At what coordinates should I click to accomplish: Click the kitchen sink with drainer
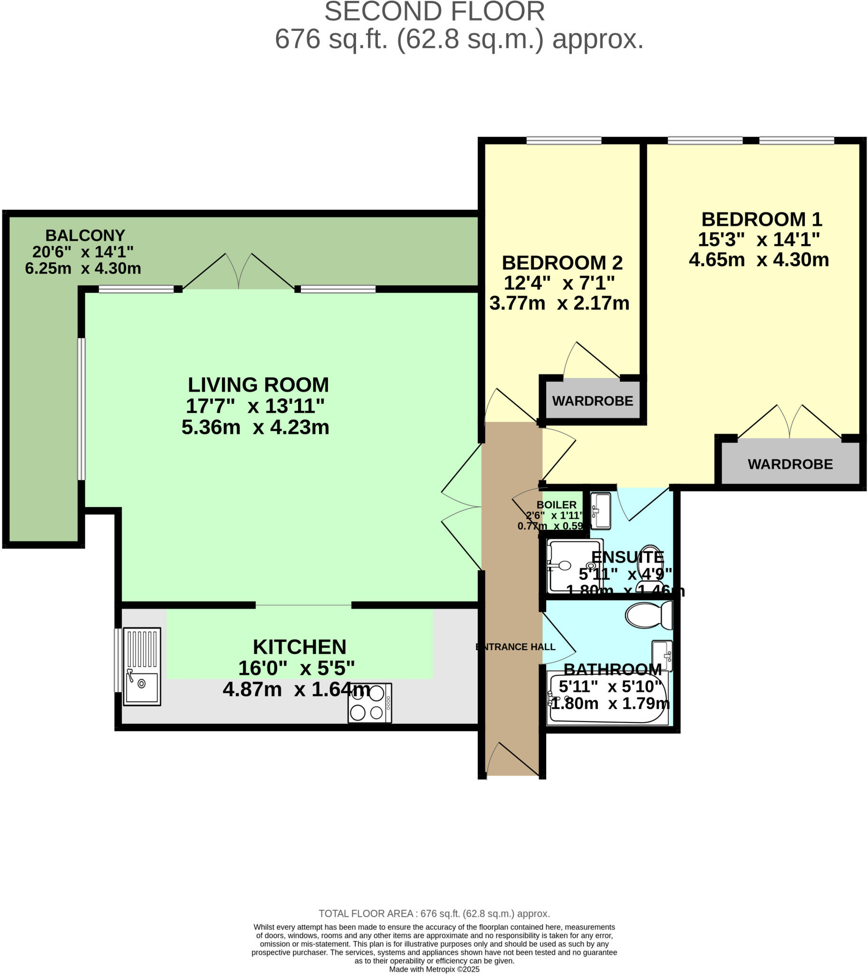coord(142,666)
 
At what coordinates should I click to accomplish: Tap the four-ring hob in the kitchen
coord(370,703)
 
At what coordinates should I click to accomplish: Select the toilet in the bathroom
coord(648,615)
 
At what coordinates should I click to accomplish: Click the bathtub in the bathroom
coord(608,697)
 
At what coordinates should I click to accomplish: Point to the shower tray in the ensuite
coord(574,566)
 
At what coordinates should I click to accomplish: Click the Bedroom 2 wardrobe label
coord(592,401)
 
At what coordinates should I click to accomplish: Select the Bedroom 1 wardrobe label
coord(790,464)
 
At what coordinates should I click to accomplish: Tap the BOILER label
coord(556,505)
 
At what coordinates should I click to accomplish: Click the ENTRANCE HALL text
coord(516,647)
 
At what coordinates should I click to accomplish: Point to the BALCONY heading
coord(85,235)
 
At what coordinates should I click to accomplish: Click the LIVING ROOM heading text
coord(258,385)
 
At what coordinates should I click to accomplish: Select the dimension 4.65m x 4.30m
coord(758,260)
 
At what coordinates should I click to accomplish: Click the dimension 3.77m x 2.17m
coord(559,303)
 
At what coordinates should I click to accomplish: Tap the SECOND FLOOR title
coord(434,12)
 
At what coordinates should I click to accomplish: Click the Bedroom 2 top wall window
coord(563,140)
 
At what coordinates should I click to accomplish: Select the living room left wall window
coord(82,409)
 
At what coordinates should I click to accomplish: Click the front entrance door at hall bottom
coord(512,759)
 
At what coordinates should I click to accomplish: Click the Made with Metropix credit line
coord(434,969)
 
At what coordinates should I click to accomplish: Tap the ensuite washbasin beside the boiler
coord(601,511)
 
